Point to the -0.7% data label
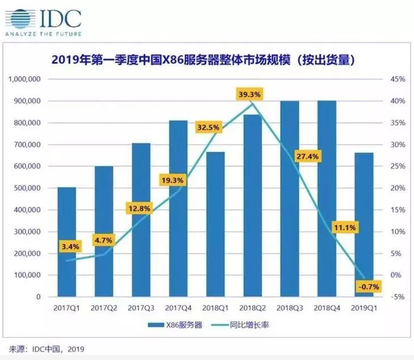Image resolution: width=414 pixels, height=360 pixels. pos(368,287)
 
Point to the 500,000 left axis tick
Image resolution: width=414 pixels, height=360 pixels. pos(26,188)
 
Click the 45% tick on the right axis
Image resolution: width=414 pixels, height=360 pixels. pos(397,80)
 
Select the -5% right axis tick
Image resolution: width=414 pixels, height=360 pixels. pos(397,297)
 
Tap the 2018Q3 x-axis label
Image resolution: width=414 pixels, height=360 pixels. pos(289,308)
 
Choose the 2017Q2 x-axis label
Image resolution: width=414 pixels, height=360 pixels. pos(104,308)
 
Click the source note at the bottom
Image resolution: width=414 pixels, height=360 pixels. pos(46,349)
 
